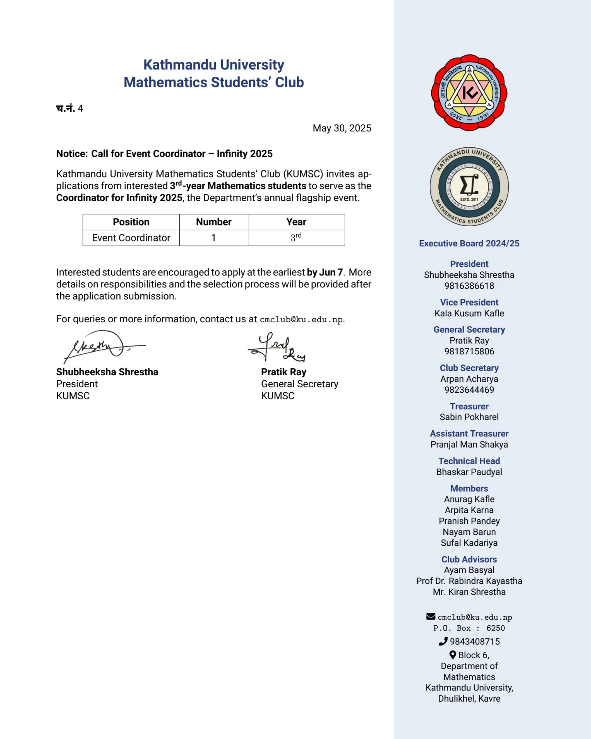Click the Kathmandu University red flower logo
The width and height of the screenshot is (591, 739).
tap(469, 93)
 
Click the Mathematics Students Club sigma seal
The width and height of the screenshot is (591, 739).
tap(469, 187)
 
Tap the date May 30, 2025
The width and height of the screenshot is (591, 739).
tap(341, 129)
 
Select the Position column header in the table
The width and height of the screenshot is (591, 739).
tap(131, 222)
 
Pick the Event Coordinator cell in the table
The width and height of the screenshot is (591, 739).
tap(131, 238)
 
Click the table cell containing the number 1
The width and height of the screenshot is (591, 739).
tap(213, 238)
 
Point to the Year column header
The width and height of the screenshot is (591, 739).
tap(296, 222)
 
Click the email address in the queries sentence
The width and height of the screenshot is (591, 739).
tap(302, 320)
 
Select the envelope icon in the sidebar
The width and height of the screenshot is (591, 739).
tap(431, 616)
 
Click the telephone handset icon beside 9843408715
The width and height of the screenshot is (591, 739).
tap(443, 641)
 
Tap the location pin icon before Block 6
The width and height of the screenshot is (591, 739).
tap(453, 655)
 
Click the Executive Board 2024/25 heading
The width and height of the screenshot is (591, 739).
tap(469, 243)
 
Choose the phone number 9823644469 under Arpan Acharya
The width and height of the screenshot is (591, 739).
tap(469, 390)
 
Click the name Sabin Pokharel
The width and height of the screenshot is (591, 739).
tap(469, 417)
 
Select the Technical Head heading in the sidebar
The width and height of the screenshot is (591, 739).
tap(469, 461)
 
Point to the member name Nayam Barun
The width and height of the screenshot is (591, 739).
tap(469, 532)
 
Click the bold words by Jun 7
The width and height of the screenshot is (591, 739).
tap(325, 273)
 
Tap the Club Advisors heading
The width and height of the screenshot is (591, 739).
tap(469, 560)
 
